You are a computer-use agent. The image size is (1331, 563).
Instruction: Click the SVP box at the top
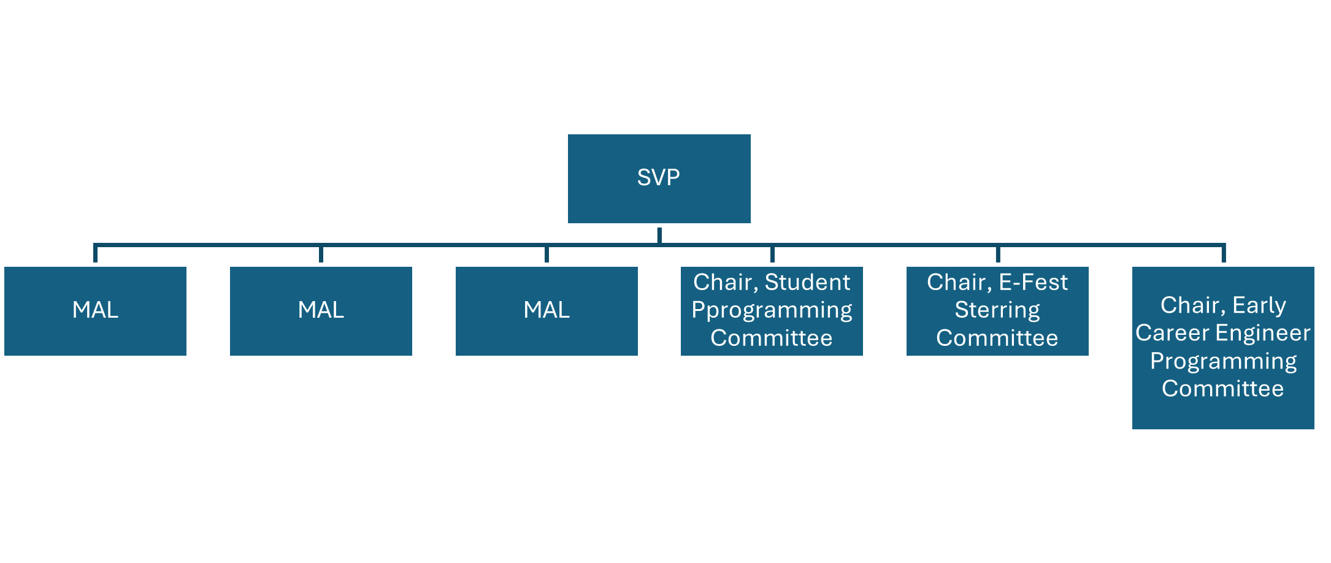[x=659, y=178]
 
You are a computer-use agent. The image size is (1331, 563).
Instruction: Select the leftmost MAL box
[x=95, y=310]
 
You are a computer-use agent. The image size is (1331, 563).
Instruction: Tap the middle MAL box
[x=321, y=310]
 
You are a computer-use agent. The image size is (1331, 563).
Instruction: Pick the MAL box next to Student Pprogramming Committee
[x=547, y=310]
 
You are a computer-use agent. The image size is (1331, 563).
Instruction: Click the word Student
[x=807, y=283]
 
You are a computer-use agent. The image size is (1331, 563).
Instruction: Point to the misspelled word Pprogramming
[x=772, y=310]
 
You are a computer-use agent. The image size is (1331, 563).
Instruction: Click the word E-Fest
[x=1033, y=283]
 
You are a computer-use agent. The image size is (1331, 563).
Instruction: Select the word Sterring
[x=997, y=310]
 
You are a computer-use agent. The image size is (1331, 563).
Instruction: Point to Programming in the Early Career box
[x=1223, y=361]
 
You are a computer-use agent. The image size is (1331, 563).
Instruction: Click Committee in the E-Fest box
[x=997, y=338]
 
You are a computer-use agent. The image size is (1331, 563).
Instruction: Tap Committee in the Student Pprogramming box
[x=772, y=338]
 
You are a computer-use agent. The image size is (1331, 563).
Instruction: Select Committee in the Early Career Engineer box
[x=1223, y=389]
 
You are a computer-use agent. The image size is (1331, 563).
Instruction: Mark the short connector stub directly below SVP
[x=659, y=236]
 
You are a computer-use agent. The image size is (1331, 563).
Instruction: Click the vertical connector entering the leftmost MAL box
[x=95, y=254]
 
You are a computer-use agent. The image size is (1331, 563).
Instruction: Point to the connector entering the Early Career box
[x=1224, y=254]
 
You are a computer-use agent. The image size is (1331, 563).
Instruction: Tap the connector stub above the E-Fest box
[x=998, y=254]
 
